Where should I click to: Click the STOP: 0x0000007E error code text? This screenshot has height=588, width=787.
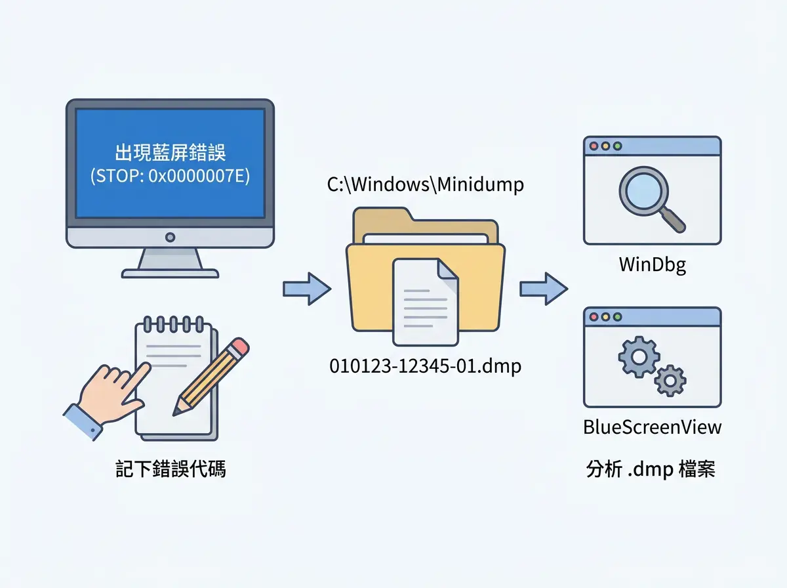[170, 176]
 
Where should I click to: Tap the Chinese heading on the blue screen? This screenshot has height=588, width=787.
[170, 152]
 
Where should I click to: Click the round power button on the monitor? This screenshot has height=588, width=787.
[170, 237]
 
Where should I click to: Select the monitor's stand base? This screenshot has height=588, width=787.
[170, 274]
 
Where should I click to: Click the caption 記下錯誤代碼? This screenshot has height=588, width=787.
[171, 469]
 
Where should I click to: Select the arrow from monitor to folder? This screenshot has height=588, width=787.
[307, 289]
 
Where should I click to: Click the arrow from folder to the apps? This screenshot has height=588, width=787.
[544, 289]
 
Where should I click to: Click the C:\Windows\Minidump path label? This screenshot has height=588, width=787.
[425, 185]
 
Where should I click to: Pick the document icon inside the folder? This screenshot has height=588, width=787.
[426, 302]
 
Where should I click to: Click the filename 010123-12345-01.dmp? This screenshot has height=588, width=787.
[425, 367]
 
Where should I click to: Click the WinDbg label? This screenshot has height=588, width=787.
[652, 264]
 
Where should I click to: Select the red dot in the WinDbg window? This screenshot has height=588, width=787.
[594, 146]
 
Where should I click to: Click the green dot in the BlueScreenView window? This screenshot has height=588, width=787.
[617, 317]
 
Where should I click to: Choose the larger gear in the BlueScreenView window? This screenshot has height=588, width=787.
[639, 356]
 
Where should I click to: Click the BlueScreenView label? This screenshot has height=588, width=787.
[652, 427]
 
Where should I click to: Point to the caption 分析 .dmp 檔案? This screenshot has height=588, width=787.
[651, 469]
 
